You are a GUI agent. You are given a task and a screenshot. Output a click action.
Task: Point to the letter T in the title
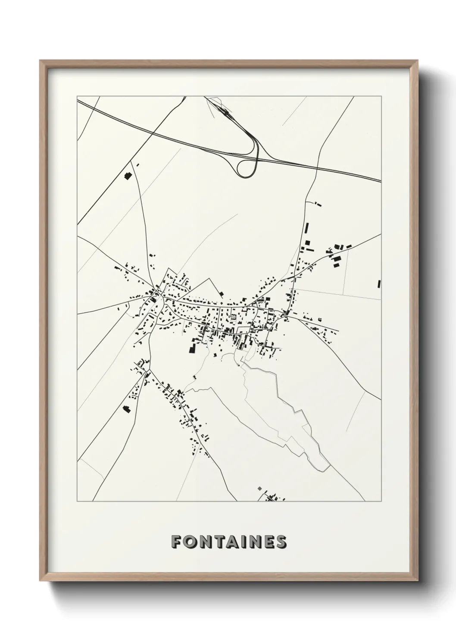217,542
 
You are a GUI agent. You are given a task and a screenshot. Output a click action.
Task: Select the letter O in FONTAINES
189,542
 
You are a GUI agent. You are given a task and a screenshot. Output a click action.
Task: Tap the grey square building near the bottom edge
259,489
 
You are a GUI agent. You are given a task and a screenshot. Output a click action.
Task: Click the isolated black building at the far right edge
379,284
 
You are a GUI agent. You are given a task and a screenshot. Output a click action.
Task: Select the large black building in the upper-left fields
127,175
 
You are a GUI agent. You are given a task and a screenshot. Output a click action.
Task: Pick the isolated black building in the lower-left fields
127,409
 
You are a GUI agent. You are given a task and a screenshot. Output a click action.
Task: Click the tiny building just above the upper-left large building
138,164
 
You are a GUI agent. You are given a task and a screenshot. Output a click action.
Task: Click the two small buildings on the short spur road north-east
318,203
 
